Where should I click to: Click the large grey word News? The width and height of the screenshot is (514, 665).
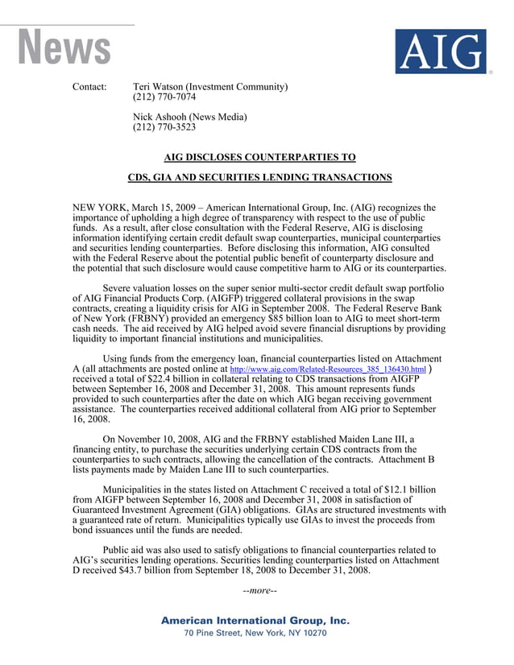tap(64, 47)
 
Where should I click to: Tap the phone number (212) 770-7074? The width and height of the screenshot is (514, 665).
tap(164, 97)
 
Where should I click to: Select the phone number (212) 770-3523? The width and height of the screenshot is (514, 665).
tap(164, 127)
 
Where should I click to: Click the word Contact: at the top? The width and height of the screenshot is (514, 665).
tap(89, 87)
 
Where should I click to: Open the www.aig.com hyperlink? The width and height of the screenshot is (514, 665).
tap(328, 370)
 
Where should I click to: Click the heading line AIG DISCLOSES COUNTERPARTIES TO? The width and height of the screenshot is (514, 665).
tap(259, 158)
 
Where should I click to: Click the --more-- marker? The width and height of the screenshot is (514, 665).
tap(259, 591)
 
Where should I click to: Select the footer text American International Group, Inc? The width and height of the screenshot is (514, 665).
tap(255, 621)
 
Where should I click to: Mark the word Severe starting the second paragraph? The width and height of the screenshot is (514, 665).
tap(120, 287)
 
